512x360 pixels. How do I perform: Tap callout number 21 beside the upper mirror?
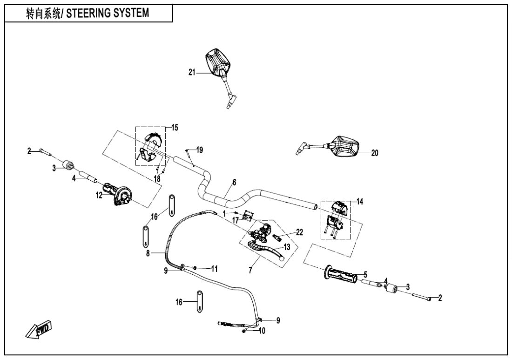click(191, 72)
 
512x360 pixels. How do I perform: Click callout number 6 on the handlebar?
click(234, 183)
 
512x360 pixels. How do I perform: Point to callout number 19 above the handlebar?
click(200, 150)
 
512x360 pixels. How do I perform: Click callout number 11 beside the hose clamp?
click(214, 269)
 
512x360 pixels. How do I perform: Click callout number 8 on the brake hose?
click(148, 254)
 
